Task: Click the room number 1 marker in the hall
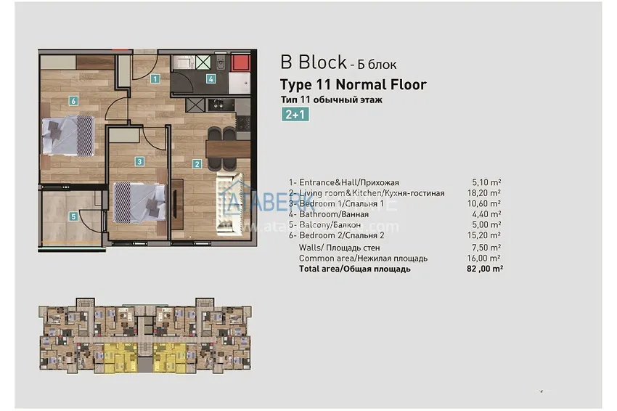click(x=155, y=78)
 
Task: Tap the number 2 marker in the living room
click(x=197, y=163)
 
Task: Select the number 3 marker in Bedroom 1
click(x=139, y=162)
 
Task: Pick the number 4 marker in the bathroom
click(x=211, y=78)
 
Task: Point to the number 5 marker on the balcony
click(x=73, y=215)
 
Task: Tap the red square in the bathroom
click(x=240, y=63)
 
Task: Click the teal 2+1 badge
click(x=296, y=114)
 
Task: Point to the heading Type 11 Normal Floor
click(x=353, y=84)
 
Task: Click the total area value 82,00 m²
click(x=485, y=269)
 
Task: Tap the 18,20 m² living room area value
click(x=486, y=193)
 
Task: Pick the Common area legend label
click(x=363, y=258)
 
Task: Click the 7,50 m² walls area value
click(x=486, y=247)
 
